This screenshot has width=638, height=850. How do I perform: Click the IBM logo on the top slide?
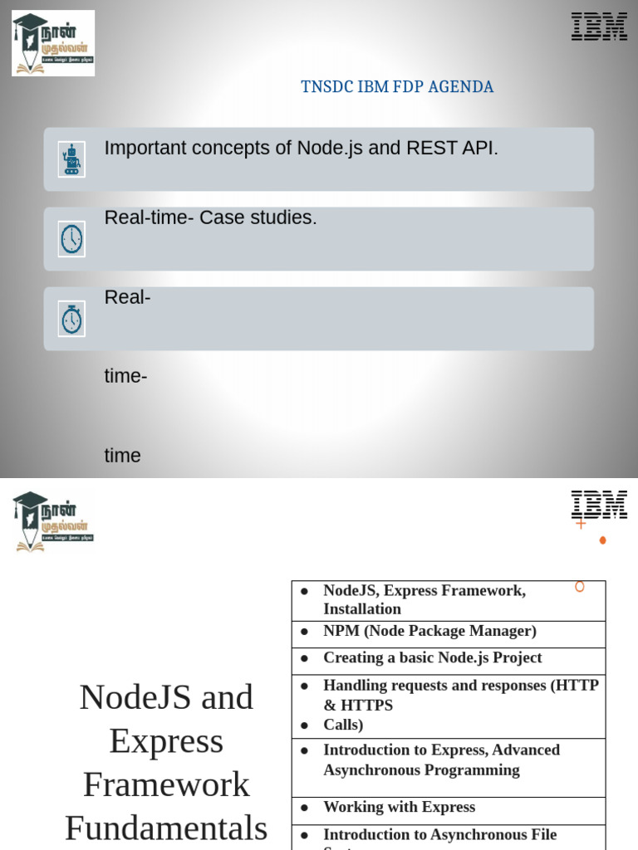pyautogui.click(x=599, y=27)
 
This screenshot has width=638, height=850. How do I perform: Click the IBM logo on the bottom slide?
pyautogui.click(x=599, y=505)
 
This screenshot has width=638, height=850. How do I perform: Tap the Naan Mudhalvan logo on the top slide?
pyautogui.click(x=53, y=43)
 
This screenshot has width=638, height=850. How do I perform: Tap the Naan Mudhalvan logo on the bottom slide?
pyautogui.click(x=53, y=521)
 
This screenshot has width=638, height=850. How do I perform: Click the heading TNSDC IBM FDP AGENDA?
pyautogui.click(x=397, y=87)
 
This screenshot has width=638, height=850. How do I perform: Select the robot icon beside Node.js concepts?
pyautogui.click(x=71, y=159)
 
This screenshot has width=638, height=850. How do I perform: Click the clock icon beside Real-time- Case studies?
pyautogui.click(x=71, y=239)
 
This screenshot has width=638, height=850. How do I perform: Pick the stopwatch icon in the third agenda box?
pyautogui.click(x=71, y=319)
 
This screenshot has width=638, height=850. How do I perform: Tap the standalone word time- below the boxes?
pyautogui.click(x=126, y=377)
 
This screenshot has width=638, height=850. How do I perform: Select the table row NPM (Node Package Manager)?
pyautogui.click(x=429, y=632)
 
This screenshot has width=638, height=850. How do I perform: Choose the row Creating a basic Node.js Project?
pyautogui.click(x=432, y=658)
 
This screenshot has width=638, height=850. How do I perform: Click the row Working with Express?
pyautogui.click(x=399, y=808)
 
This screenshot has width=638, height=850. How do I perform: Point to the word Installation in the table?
pyautogui.click(x=362, y=609)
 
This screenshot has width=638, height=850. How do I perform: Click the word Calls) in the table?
pyautogui.click(x=343, y=725)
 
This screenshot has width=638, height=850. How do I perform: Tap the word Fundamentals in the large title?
pyautogui.click(x=166, y=828)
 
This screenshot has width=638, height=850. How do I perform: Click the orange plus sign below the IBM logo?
pyautogui.click(x=581, y=524)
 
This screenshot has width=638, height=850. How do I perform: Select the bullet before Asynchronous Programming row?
pyautogui.click(x=305, y=750)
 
